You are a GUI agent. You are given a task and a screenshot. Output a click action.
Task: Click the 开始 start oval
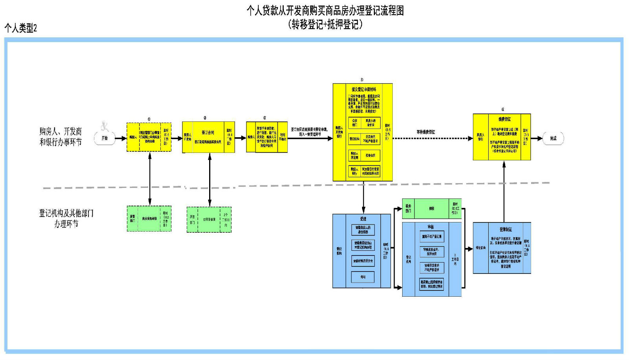(x=105, y=138)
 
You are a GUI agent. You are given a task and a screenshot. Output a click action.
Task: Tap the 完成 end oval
(x=553, y=138)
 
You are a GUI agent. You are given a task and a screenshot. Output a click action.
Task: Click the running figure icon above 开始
(x=105, y=126)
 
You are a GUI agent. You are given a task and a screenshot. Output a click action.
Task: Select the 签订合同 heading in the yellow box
(x=208, y=133)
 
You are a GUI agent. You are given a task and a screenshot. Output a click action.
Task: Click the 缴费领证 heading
(x=504, y=119)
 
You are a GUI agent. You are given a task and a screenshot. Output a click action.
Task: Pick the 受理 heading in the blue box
(x=363, y=219)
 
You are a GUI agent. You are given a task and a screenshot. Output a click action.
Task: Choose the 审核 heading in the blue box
(x=431, y=227)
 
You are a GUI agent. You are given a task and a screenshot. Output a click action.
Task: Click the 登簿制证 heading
(x=506, y=230)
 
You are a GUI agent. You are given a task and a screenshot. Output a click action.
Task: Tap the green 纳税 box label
(x=432, y=209)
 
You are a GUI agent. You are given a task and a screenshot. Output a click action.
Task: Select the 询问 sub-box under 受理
(x=363, y=277)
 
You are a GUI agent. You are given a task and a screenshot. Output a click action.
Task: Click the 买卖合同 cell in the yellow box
(x=370, y=156)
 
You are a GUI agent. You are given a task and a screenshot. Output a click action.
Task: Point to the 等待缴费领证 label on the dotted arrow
(x=426, y=132)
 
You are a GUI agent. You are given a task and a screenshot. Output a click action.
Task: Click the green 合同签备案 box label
(x=209, y=219)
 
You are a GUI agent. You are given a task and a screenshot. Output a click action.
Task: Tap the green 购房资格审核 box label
(x=149, y=219)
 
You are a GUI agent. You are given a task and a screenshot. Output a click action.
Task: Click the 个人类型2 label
(x=20, y=28)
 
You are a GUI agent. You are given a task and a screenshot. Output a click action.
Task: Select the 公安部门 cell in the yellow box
(x=355, y=123)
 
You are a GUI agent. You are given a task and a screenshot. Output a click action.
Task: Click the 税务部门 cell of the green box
(x=408, y=209)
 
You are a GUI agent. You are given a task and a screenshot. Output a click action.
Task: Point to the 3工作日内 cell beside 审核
(x=455, y=259)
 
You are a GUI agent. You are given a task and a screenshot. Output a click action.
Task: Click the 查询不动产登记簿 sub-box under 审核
(x=432, y=237)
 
